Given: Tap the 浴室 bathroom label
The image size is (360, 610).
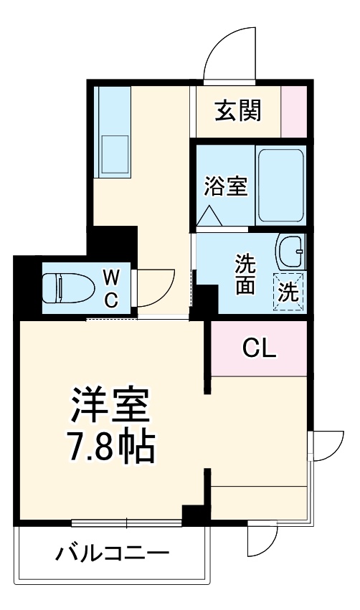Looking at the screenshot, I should click(x=225, y=186).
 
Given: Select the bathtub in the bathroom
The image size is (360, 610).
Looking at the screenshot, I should click(x=281, y=186).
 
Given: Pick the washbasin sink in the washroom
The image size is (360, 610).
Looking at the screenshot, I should click(x=291, y=252).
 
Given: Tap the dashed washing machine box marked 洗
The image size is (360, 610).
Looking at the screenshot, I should click(x=288, y=292).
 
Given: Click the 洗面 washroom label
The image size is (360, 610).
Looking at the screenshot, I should click(x=246, y=275).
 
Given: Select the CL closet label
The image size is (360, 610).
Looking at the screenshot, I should click(x=258, y=348).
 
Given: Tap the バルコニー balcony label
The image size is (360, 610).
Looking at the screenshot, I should click(x=113, y=553).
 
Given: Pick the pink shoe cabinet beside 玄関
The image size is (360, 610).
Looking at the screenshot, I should click(x=293, y=110).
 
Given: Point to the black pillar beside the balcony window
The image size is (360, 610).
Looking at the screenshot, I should click(x=194, y=515).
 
